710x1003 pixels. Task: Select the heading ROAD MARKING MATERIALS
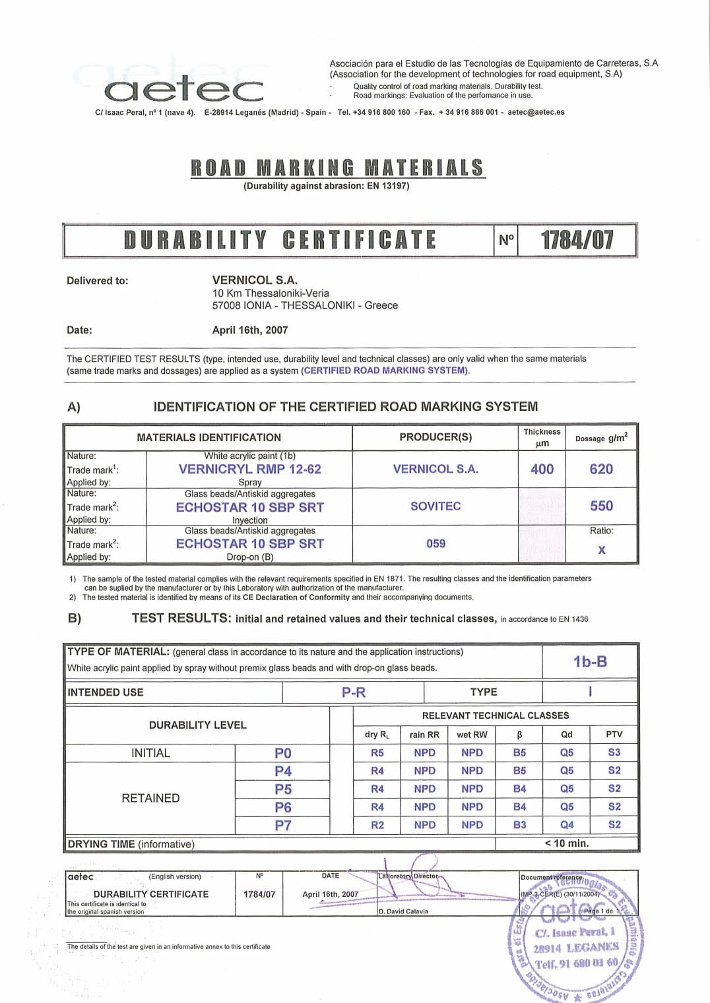tap(337, 167)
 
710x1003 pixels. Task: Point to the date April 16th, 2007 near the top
tap(249, 330)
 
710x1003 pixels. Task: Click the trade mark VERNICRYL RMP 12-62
tap(249, 469)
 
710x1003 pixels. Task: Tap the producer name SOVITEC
tap(436, 506)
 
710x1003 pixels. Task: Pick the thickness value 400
tap(542, 469)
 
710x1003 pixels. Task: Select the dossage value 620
tap(601, 469)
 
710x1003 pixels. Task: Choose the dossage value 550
tap(601, 506)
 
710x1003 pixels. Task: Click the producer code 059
tap(436, 543)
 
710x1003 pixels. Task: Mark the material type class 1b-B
tap(590, 661)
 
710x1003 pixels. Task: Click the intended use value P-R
tap(353, 692)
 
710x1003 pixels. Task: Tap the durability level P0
tap(283, 753)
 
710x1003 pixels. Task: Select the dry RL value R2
tap(377, 825)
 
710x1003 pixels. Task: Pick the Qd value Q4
tap(567, 825)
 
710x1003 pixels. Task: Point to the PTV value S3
tap(614, 752)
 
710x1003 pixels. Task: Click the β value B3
tap(520, 825)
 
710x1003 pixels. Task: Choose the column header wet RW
tap(472, 735)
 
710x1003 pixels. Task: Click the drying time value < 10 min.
tap(567, 843)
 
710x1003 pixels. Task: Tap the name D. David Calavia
tap(403, 911)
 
